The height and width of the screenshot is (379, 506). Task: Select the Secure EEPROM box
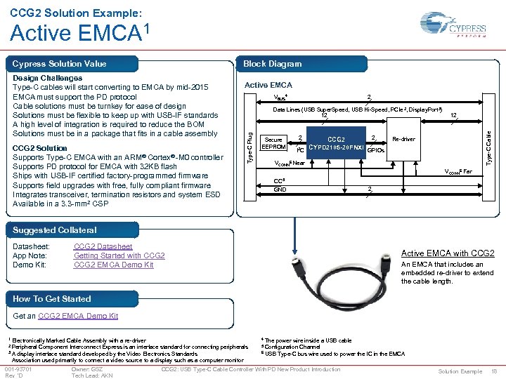[273, 143]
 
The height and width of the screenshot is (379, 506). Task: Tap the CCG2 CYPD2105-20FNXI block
[335, 144]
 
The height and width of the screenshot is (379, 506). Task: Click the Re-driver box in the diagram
[403, 139]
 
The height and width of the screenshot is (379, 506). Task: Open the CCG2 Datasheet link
[103, 246]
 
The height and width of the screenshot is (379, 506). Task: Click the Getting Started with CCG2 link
[119, 255]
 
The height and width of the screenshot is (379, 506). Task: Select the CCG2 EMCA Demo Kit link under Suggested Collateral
[113, 265]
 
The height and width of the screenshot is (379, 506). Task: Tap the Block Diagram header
[272, 64]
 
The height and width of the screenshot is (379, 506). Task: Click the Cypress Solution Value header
[59, 64]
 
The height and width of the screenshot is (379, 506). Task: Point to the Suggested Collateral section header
[54, 230]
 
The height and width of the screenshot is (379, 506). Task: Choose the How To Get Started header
[51, 299]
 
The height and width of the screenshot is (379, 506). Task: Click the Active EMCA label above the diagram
[268, 85]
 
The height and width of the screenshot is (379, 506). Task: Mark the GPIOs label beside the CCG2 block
[376, 149]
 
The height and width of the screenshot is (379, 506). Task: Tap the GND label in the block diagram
[280, 189]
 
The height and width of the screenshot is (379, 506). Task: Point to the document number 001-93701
[18, 368]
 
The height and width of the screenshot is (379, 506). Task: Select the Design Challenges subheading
[47, 78]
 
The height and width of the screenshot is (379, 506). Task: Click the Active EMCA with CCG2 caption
[447, 253]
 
